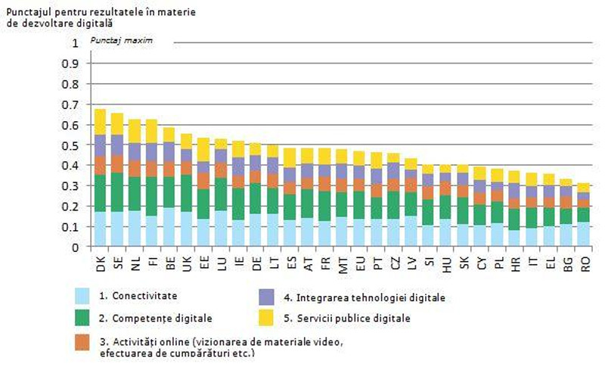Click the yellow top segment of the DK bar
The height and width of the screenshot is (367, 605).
99,122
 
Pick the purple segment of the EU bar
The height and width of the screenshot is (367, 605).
358,172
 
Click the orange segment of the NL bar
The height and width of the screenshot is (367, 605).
135,168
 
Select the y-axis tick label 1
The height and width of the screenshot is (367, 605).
74,43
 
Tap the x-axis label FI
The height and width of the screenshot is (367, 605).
153,261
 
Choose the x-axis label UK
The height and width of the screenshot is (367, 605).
188,262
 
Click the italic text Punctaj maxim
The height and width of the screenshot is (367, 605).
122,39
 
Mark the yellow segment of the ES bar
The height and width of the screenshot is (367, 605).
289,157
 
